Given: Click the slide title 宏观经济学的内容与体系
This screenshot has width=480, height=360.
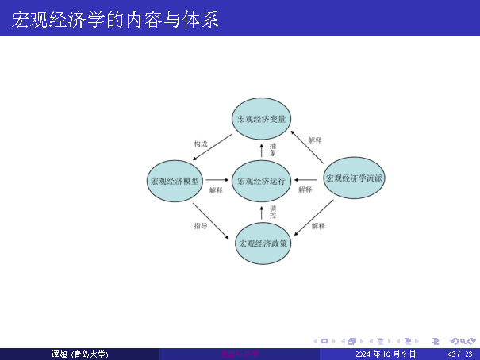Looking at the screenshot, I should [x=116, y=19].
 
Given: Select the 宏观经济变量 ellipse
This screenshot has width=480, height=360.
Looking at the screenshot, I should [x=261, y=119].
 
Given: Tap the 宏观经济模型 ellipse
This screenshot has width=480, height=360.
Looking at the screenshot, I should [x=176, y=181].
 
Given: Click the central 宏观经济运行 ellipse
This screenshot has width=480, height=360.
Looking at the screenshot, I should [x=261, y=181].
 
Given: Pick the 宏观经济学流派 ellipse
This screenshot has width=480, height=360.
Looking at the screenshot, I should [x=355, y=178].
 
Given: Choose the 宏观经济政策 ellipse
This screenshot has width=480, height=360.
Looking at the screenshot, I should [x=263, y=243].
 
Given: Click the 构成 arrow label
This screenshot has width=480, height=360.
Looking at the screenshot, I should [x=201, y=144].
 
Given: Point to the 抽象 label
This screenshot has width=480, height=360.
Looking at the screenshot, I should [x=273, y=149].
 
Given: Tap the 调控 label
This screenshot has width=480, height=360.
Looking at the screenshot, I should [x=273, y=212].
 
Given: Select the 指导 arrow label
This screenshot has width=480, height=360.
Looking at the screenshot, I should [x=201, y=226].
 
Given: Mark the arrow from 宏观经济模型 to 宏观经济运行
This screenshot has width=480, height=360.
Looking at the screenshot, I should [x=217, y=181].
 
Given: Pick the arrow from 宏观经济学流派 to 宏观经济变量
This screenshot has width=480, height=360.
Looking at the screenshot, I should [x=310, y=147].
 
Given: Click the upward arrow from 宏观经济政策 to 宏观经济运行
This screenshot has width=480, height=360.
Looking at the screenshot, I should [x=261, y=212].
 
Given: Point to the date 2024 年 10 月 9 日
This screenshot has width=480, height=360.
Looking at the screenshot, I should [x=386, y=354].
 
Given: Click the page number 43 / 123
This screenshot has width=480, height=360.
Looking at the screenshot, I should [x=460, y=354].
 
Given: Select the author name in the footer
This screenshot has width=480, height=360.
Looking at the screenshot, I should [x=79, y=354].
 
